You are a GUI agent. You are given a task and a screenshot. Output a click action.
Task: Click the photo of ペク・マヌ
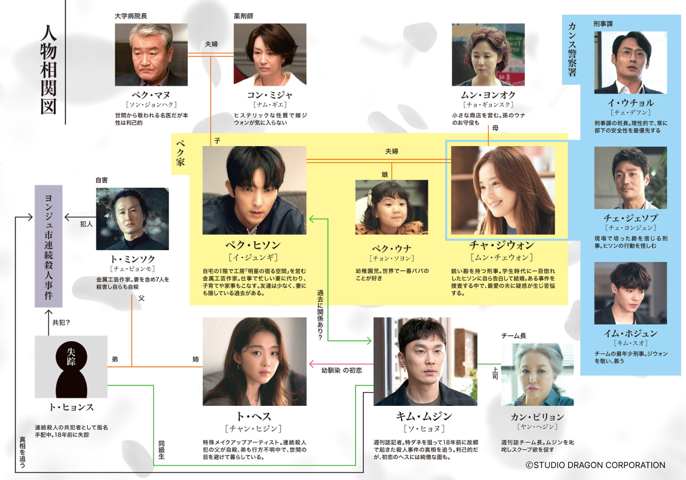[151, 54]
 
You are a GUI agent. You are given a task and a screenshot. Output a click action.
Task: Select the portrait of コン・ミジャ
[269, 54]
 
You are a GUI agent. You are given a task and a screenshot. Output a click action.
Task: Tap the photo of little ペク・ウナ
[391, 206]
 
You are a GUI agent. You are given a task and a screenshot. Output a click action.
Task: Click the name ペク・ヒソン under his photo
[253, 245]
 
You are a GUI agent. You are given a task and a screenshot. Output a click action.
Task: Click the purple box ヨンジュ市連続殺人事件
[48, 246]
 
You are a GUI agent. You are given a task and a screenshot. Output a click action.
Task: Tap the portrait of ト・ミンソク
[132, 218]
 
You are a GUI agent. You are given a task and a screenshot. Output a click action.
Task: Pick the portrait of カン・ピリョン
[537, 375]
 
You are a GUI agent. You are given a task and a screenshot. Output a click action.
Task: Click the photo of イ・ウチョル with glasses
[630, 62]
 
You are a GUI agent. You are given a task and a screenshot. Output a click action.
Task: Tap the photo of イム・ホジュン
[630, 293]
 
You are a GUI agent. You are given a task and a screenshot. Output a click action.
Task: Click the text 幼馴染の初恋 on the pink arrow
[341, 370]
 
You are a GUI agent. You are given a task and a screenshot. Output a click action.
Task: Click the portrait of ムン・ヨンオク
[488, 54]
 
